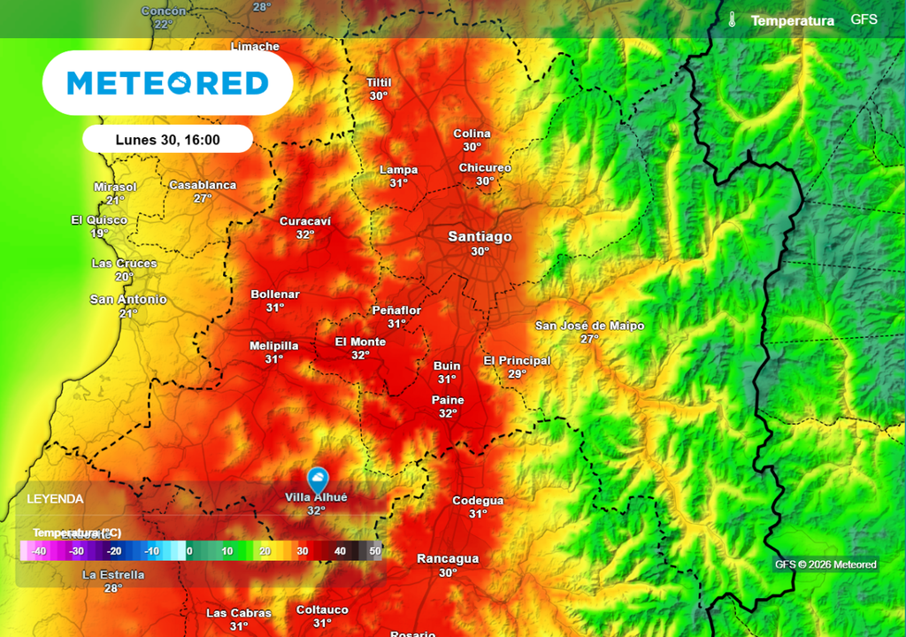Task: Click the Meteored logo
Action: (x=167, y=83)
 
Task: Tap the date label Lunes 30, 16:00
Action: (x=167, y=140)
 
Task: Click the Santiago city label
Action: (x=480, y=236)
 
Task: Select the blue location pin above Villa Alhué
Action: (x=317, y=479)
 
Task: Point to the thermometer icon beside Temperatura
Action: (x=732, y=19)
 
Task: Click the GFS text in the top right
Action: (x=864, y=19)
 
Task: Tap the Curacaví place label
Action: (x=305, y=221)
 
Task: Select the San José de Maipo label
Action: (x=589, y=326)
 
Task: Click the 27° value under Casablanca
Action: (x=203, y=198)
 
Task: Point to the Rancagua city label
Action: (x=448, y=558)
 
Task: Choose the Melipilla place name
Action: (x=274, y=346)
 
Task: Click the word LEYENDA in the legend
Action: (x=55, y=499)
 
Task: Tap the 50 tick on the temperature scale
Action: (x=375, y=551)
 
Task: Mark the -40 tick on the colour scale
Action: (x=38, y=551)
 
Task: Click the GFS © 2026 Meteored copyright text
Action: (x=825, y=564)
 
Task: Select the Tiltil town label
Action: (x=379, y=82)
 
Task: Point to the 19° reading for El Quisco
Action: (x=99, y=234)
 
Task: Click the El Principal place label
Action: (x=517, y=360)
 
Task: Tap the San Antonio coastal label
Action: (x=128, y=299)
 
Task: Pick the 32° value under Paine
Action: (x=448, y=413)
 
